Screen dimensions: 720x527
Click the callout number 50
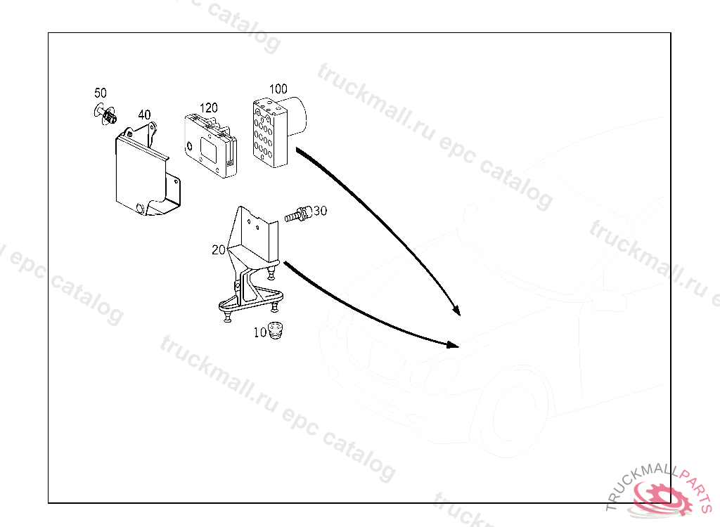coord(101,93)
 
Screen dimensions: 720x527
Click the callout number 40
coord(144,115)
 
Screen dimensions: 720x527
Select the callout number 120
coord(209,108)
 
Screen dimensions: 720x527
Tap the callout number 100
coord(278,89)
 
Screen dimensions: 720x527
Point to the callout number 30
coord(321,210)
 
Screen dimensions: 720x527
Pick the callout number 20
coord(218,249)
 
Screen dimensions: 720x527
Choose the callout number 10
coord(260,332)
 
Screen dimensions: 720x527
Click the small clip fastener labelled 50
coord(108,115)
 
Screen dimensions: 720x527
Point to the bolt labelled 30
coord(298,214)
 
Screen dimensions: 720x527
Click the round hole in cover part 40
coord(140,208)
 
